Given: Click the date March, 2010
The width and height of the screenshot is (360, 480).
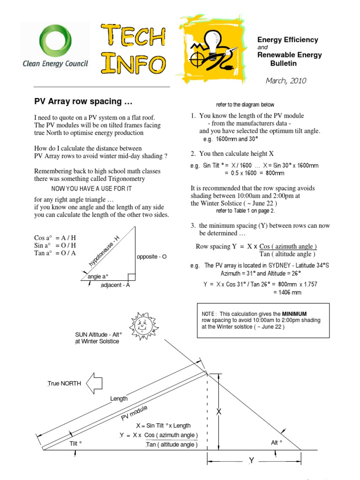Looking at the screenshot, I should [x=285, y=81].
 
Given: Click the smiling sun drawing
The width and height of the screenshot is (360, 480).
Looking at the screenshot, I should [x=144, y=324].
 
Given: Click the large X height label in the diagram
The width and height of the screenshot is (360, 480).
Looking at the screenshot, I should [x=218, y=412].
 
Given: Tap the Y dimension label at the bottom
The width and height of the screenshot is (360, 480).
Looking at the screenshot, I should [x=251, y=461].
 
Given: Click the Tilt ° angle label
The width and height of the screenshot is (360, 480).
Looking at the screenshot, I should [x=76, y=443].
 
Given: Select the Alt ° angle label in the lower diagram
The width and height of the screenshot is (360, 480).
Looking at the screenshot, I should [x=277, y=442].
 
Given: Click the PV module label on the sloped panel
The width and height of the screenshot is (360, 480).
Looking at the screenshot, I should [x=135, y=413].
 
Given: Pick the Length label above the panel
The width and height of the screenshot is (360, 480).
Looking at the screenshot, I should [x=119, y=398].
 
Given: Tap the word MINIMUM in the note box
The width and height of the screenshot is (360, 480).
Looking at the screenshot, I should [x=294, y=313].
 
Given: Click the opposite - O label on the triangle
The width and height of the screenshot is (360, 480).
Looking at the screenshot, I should [x=151, y=257].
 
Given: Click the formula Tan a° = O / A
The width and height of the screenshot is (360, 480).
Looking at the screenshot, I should [x=55, y=253].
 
